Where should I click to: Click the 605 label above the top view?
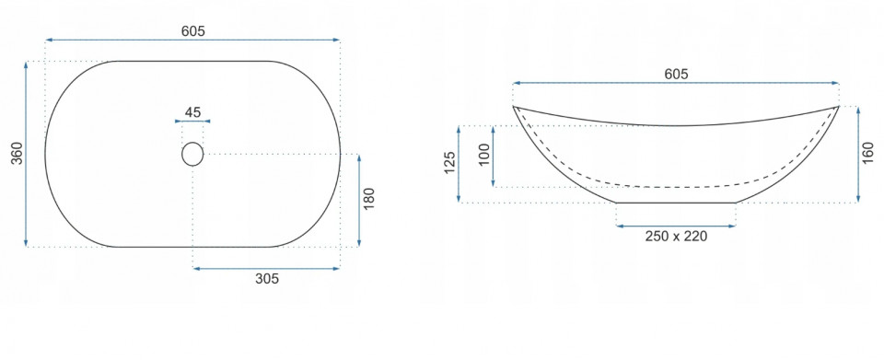(x=192, y=31)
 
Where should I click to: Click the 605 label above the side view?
(x=676, y=74)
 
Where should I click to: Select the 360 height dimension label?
(x=17, y=153)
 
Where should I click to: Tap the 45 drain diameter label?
(x=192, y=111)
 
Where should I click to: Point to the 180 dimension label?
(x=368, y=199)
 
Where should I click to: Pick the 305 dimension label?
(x=267, y=278)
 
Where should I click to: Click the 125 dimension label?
(x=449, y=163)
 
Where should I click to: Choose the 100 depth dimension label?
(x=483, y=155)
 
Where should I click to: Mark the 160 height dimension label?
(x=868, y=153)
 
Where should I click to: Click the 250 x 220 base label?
(x=676, y=236)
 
